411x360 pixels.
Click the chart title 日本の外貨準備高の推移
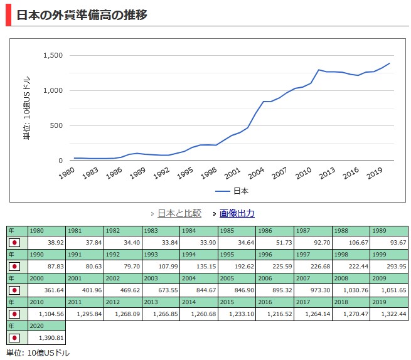[x=82, y=14]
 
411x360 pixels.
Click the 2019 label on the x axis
[x=376, y=173]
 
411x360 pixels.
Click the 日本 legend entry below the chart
[x=240, y=191]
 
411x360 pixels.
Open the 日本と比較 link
[x=179, y=213]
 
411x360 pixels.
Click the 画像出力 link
[x=237, y=213]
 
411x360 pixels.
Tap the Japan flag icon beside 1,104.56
[x=15, y=314]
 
